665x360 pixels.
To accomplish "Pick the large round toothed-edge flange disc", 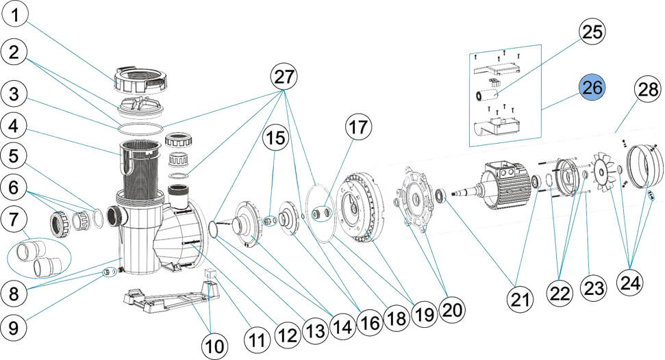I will [x=362, y=207].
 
